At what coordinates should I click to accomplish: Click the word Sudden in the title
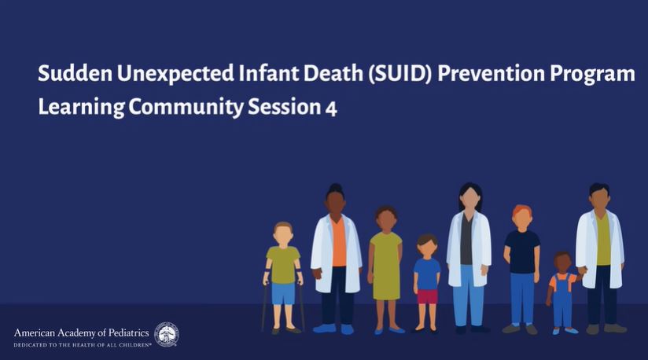75,73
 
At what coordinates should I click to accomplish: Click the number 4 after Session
331,108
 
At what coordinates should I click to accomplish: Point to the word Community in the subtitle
186,108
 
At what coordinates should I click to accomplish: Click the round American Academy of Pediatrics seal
167,334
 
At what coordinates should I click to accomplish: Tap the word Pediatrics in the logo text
128,332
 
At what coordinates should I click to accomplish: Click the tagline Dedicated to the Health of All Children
83,345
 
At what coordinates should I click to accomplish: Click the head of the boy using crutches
283,234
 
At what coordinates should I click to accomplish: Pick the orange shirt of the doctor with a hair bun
338,243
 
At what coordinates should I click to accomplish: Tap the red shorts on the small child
427,296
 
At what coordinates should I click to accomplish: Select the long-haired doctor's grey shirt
466,241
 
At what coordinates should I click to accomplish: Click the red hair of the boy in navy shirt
522,211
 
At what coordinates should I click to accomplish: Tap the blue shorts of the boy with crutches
283,293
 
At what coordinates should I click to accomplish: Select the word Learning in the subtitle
81,108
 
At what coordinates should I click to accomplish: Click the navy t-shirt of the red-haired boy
522,252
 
